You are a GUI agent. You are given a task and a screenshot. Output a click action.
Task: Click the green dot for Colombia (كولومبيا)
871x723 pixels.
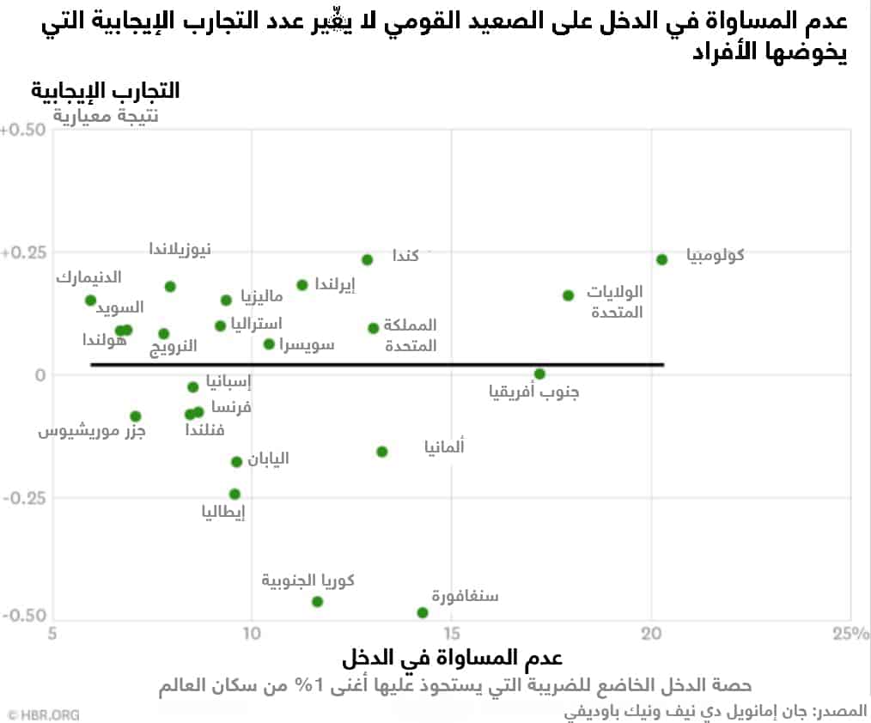661,259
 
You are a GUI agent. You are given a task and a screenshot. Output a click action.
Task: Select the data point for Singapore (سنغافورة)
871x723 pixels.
422,612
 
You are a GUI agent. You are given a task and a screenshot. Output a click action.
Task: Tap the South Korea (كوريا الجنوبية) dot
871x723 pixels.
317,601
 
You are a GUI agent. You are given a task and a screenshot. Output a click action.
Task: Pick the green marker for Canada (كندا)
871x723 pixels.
367,259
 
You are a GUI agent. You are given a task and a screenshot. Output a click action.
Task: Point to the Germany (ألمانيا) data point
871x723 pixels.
382,452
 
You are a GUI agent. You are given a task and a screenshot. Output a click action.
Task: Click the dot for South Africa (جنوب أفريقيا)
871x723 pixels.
539,374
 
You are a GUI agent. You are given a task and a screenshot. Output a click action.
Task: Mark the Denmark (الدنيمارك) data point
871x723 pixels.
90,300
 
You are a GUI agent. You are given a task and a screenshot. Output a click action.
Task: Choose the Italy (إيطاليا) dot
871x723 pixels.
234,494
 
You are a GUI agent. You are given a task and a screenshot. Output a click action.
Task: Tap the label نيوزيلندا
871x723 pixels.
180,249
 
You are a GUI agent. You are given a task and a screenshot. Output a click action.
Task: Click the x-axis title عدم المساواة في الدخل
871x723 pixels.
452,659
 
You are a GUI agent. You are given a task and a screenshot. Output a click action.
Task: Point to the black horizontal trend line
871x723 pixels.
378,365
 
